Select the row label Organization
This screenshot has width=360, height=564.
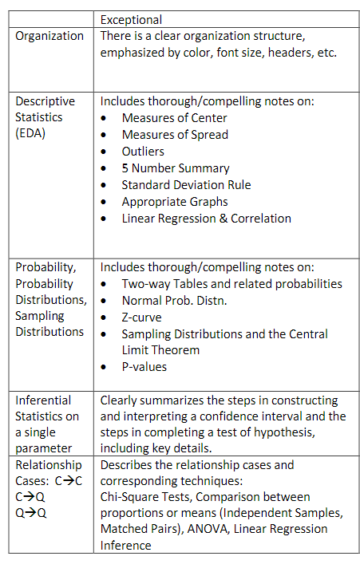[x=49, y=36]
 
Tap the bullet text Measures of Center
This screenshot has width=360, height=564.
[x=174, y=118]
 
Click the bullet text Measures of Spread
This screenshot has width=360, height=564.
[x=175, y=135]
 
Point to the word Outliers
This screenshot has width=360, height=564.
[x=143, y=152]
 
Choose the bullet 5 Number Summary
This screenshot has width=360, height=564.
[x=176, y=168]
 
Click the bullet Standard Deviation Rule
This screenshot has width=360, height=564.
[x=186, y=185]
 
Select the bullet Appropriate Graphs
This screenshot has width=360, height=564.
[x=175, y=202]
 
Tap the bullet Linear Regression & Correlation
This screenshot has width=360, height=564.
[x=206, y=219]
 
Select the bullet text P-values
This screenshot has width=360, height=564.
[x=144, y=367]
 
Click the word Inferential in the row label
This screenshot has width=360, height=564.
[x=43, y=400]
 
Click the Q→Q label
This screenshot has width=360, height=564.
[x=30, y=513]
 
